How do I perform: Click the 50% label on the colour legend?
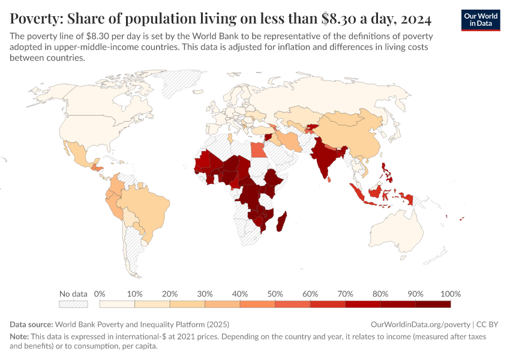click(275, 294)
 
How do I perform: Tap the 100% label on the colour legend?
click(450, 294)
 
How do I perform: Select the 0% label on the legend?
click(100, 294)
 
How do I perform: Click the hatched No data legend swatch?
click(74, 304)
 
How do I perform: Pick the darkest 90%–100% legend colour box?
click(433, 304)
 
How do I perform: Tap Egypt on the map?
click(257, 148)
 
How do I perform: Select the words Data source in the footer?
click(31, 323)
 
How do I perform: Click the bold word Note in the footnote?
click(20, 337)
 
